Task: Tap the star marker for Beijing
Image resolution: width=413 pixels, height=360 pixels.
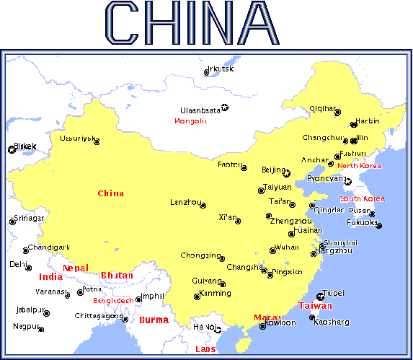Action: coord(286,173)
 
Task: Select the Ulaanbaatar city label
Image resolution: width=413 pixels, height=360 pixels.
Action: coord(200,110)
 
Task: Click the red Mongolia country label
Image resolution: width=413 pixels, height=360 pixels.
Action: coord(190,121)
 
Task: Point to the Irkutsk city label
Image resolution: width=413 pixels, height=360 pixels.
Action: coord(220,69)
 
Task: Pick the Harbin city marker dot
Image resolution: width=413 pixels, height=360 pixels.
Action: coord(353,124)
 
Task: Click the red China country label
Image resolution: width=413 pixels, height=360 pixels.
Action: coord(110,193)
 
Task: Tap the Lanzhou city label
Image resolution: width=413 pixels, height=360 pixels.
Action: coord(185,202)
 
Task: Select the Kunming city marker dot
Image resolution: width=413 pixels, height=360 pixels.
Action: coord(197,297)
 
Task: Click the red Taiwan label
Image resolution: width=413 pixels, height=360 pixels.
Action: coord(315,306)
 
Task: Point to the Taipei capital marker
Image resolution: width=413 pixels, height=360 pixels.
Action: coord(321,296)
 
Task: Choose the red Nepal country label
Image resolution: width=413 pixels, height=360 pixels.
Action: coord(76,268)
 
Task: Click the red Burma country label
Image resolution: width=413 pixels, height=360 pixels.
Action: coord(154,320)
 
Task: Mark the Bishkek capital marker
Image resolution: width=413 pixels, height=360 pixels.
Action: coord(12,150)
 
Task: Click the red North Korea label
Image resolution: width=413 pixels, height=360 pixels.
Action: coord(359,166)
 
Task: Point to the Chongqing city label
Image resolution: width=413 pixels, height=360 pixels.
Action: coord(200,255)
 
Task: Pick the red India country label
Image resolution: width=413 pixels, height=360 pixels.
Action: coord(50,277)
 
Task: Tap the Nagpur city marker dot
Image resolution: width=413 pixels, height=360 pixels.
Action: coord(41,330)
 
